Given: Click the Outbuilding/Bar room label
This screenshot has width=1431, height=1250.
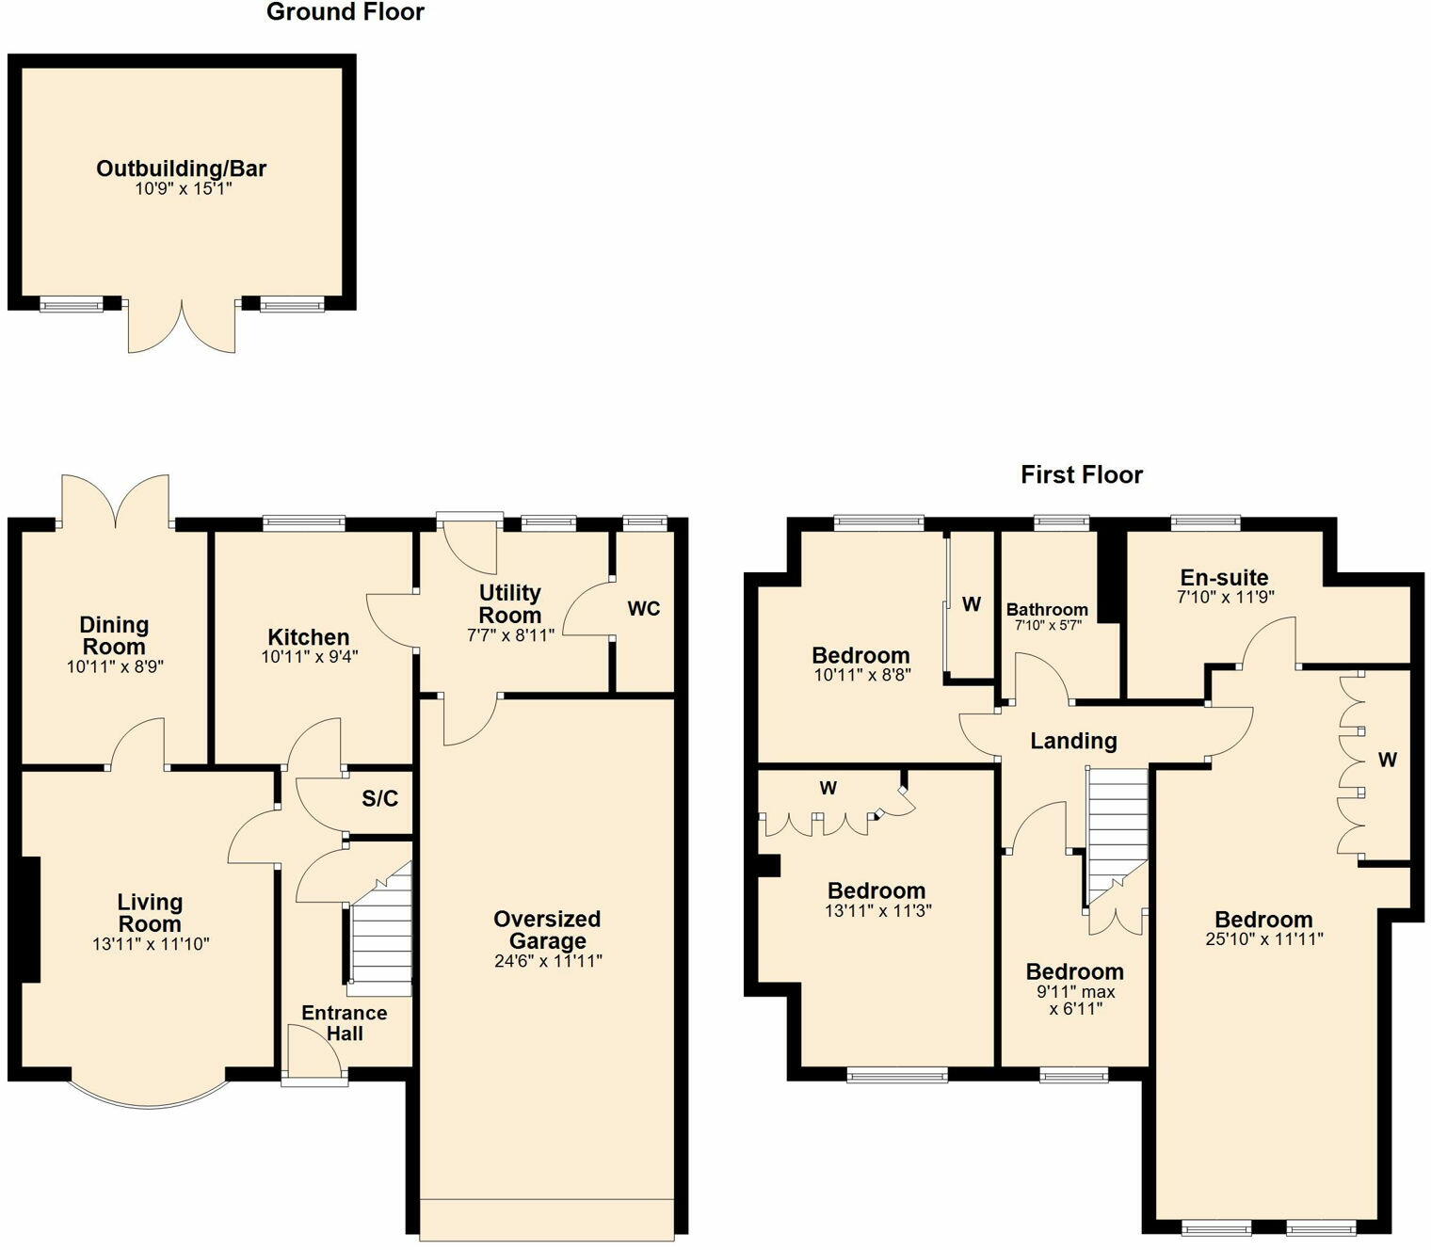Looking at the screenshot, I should tap(182, 168).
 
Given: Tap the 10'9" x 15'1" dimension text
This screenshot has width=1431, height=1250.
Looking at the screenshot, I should tap(183, 189).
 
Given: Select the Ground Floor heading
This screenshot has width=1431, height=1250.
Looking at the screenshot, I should tap(346, 12).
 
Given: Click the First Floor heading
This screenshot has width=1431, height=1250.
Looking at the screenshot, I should tap(1081, 474).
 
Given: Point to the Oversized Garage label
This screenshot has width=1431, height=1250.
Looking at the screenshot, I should tap(547, 930).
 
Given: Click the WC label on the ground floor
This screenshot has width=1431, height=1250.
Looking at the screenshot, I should tap(644, 609).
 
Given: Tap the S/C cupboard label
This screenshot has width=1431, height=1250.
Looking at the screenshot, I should tap(379, 799).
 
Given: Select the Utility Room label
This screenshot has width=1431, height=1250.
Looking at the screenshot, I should tap(510, 603).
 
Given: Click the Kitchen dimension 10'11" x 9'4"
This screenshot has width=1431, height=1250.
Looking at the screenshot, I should tap(310, 657).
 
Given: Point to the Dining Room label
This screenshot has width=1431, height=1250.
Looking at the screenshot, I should tap(114, 635).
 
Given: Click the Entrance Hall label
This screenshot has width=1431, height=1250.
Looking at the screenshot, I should tap(345, 1023).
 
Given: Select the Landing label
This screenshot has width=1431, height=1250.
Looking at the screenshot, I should tap(1073, 741).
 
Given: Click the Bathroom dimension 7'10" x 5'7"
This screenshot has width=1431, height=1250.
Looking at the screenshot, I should tap(1047, 625).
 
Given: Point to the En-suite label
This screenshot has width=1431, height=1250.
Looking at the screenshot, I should tap(1224, 577).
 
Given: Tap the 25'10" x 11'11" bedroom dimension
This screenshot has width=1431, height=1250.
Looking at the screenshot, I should tap(1264, 938).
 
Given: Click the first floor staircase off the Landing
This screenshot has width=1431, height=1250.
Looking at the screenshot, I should tap(1117, 833).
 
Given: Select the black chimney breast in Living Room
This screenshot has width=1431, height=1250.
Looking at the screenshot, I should tap(30, 920).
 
